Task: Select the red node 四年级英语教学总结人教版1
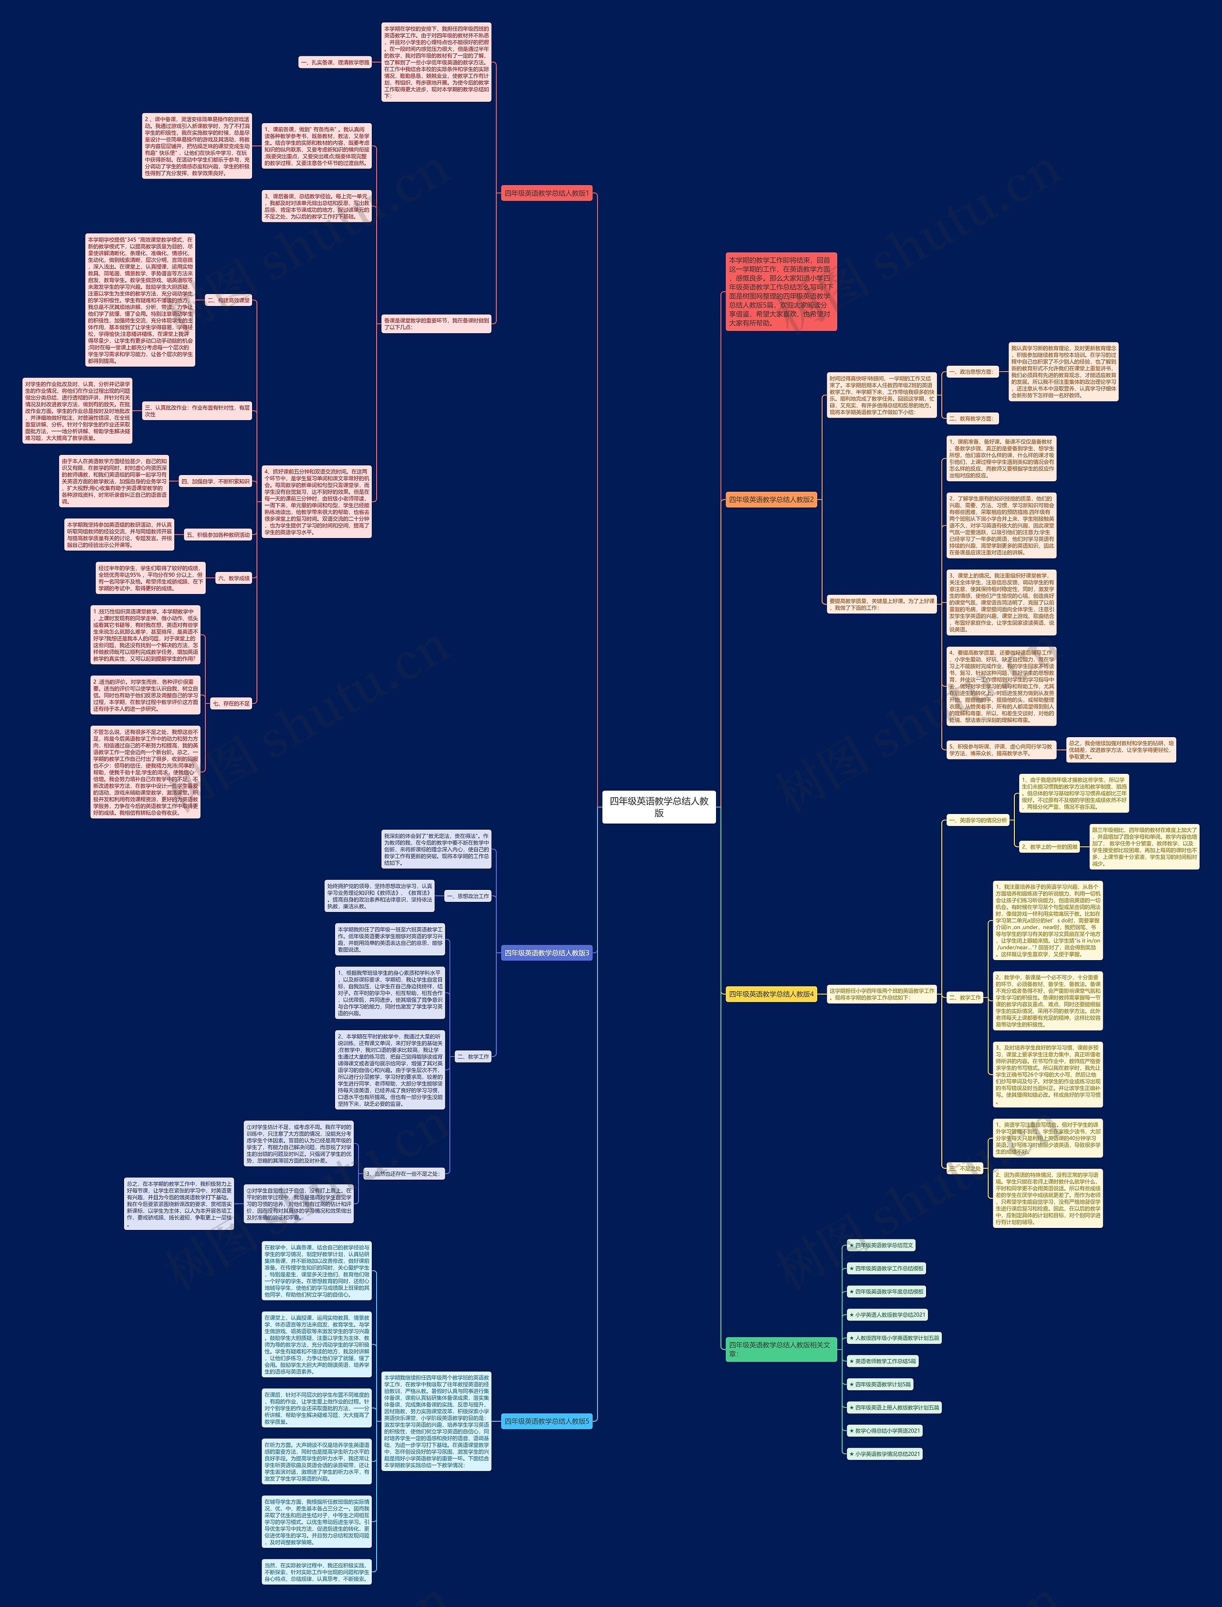pyautogui.click(x=546, y=193)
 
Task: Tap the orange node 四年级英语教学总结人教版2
pyautogui.click(x=771, y=500)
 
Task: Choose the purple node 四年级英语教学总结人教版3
pyautogui.click(x=546, y=953)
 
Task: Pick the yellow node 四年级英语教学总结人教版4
pyautogui.click(x=771, y=994)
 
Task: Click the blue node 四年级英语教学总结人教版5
pyautogui.click(x=546, y=1421)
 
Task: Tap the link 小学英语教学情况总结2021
pyautogui.click(x=887, y=1453)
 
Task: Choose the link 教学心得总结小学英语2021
pyautogui.click(x=887, y=1430)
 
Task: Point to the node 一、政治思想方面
pyautogui.click(x=970, y=372)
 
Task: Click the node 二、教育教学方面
pyautogui.click(x=970, y=418)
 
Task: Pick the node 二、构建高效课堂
pyautogui.click(x=228, y=300)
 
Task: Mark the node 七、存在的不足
pyautogui.click(x=232, y=703)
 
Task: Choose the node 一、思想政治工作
pyautogui.click(x=468, y=896)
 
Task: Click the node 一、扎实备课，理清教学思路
pyautogui.click(x=335, y=63)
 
